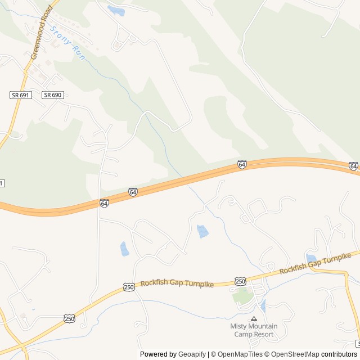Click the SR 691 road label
20,95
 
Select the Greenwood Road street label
42,33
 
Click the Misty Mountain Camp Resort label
254,330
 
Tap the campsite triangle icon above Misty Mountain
254,318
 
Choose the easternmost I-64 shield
353,166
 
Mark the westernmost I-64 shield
105,203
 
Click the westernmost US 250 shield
70,318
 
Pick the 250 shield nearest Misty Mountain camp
241,281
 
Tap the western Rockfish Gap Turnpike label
177,285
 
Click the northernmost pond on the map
116,11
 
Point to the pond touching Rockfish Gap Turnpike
311,258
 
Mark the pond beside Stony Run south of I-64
202,231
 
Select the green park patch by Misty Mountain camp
242,295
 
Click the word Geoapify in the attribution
192,354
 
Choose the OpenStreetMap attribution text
292,354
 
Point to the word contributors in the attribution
339,354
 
